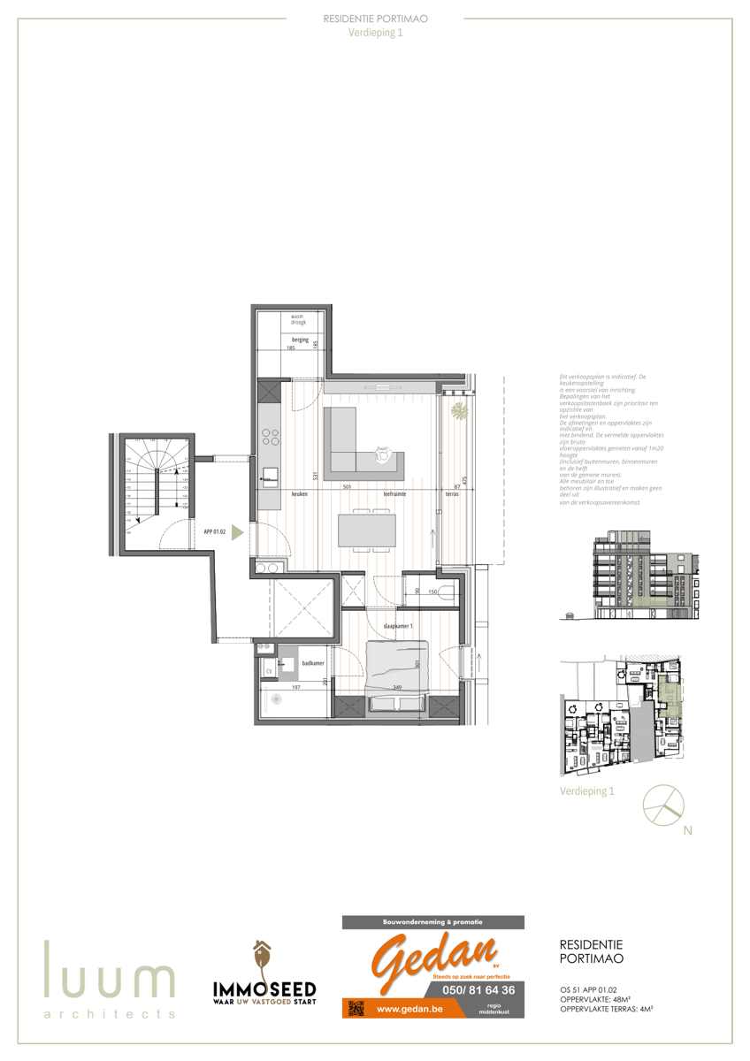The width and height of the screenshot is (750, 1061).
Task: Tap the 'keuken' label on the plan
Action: tap(300, 494)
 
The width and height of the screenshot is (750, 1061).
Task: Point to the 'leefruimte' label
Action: tap(395, 494)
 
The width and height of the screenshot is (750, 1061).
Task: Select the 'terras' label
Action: tap(452, 494)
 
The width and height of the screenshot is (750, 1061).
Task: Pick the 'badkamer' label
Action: tap(311, 662)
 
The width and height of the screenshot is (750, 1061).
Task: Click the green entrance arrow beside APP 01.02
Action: tap(237, 532)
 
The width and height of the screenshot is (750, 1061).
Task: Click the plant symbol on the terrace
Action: tap(459, 411)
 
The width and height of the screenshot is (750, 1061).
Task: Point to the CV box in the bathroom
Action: tap(268, 671)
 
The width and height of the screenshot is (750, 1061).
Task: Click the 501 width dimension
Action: tap(348, 487)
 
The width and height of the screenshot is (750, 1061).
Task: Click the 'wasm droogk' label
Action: tap(298, 319)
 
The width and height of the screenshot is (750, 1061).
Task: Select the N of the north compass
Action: tap(688, 831)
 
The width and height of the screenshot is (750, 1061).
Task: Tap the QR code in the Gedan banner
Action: tap(356, 1009)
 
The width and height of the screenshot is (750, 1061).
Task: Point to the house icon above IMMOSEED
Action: tap(261, 956)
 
